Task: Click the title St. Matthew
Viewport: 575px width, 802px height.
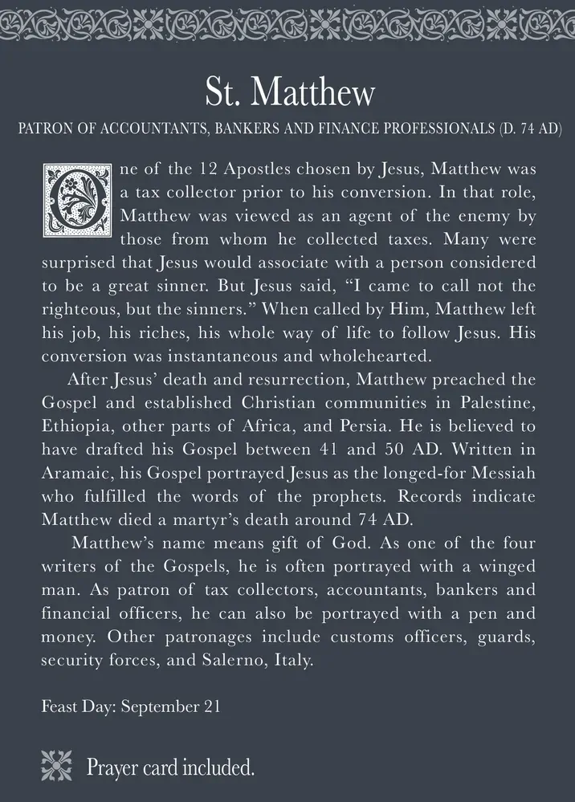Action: coord(287,93)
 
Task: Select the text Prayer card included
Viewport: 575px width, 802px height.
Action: coord(170,767)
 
